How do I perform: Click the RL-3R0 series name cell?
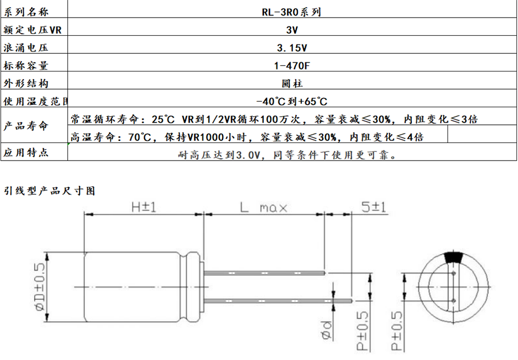tap(291, 12)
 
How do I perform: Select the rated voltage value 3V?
tap(292, 30)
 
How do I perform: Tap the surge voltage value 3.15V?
tap(292, 48)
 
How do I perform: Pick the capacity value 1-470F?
tap(292, 66)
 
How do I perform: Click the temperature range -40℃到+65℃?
tap(292, 101)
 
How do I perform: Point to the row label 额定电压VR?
tap(32, 30)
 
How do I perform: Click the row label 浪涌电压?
tap(26, 48)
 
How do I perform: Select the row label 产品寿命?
tap(26, 125)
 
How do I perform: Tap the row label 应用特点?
tap(26, 152)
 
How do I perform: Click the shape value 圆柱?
tap(292, 83)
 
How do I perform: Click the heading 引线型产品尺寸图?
tap(50, 191)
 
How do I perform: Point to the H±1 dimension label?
tap(143, 207)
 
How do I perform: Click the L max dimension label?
tap(263, 208)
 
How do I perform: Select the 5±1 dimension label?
tap(373, 207)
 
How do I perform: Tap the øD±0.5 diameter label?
tap(39, 287)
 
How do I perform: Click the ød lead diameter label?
tap(326, 330)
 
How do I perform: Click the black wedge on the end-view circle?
tap(455, 257)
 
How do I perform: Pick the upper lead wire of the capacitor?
tap(265, 273)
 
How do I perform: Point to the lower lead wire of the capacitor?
tap(278, 300)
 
